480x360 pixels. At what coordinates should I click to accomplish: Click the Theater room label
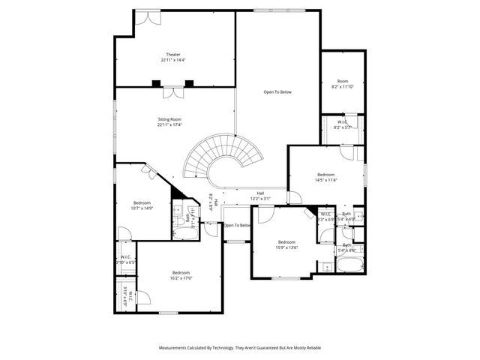click(174, 54)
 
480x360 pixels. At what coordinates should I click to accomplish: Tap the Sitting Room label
click(169, 119)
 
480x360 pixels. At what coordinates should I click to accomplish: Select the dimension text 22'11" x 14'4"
click(174, 60)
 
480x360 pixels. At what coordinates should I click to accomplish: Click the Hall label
click(260, 193)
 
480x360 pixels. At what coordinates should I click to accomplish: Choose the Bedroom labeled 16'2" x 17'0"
click(181, 272)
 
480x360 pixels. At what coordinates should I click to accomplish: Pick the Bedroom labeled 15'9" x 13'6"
click(287, 241)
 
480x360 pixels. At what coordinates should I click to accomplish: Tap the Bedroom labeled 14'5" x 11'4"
click(326, 175)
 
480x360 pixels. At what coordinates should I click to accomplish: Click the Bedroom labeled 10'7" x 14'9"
click(142, 202)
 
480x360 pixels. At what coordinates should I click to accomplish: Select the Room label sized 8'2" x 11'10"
click(343, 81)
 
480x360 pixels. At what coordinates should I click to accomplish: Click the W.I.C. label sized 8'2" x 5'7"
click(342, 121)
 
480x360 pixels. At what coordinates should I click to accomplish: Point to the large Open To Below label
click(277, 91)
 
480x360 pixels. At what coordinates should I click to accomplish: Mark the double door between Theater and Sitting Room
click(174, 93)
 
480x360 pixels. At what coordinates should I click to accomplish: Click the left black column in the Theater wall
click(156, 83)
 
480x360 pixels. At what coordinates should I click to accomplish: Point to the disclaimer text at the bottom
click(240, 348)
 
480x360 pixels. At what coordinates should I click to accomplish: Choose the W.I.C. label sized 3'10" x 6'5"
click(126, 259)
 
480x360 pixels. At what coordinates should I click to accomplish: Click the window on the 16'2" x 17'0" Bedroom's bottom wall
click(169, 312)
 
